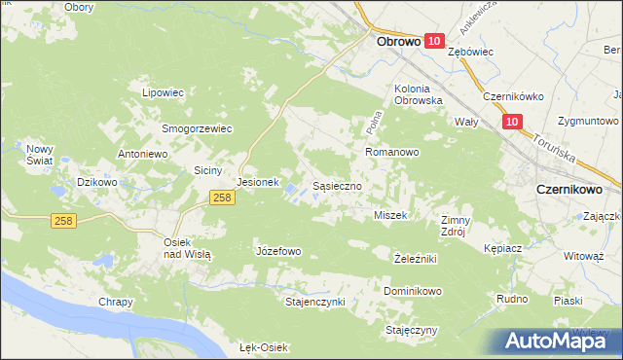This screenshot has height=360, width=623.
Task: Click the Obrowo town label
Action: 397,42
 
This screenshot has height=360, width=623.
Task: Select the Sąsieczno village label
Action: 337,184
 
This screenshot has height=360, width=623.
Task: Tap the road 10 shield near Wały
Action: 513,122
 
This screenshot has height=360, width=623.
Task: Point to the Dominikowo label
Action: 413,291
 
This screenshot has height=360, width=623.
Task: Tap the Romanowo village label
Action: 391,153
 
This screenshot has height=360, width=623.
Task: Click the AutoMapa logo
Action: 558,342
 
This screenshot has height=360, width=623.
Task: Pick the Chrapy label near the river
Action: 115,303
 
